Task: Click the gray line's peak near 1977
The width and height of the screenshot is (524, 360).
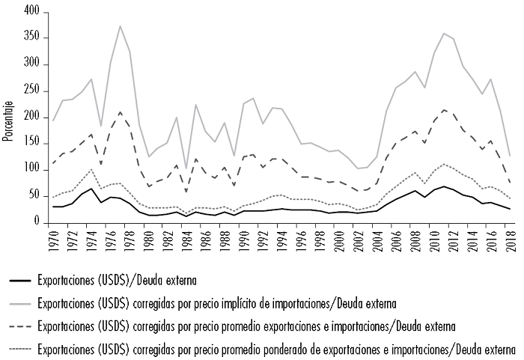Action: (x=120, y=26)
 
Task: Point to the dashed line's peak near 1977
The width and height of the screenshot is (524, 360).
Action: (x=120, y=112)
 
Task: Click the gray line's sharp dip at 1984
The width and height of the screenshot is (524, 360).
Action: (x=186, y=168)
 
